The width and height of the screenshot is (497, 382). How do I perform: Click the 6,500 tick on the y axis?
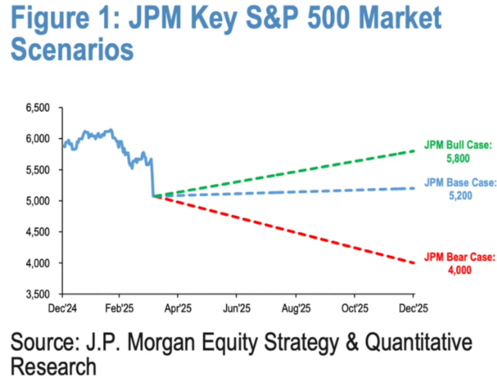pos(37,107)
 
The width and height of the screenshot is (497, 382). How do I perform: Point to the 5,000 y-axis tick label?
pos(37,200)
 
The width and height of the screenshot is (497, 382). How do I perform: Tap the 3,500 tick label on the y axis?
pos(37,294)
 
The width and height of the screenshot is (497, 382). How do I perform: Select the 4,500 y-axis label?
pos(37,231)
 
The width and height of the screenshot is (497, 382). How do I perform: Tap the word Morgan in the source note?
pos(171,342)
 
